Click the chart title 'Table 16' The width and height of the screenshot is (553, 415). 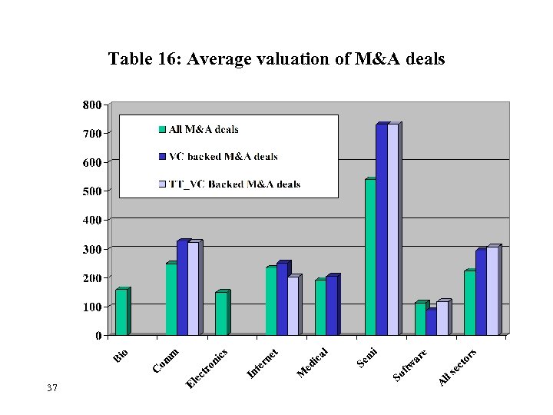tap(276, 59)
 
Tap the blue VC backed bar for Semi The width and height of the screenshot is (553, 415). tap(381, 230)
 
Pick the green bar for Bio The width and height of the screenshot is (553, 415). tap(121, 312)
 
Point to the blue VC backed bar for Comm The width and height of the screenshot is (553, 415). tap(182, 288)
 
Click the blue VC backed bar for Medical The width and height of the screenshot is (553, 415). tap(331, 306)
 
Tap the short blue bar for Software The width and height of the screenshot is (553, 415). tap(431, 322)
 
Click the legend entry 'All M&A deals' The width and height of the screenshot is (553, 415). tap(203, 129)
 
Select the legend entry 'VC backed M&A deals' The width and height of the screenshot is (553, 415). tap(223, 157)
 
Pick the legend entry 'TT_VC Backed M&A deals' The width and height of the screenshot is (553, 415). tap(234, 184)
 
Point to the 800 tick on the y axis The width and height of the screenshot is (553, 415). tap(91, 105)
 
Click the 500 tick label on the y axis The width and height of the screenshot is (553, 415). tap(91, 191)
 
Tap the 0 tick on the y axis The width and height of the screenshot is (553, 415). tap(98, 336)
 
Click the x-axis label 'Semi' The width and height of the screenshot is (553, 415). tap(367, 358)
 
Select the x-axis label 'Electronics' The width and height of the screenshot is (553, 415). tap(207, 369)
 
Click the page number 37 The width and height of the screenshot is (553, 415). tap(52, 388)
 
